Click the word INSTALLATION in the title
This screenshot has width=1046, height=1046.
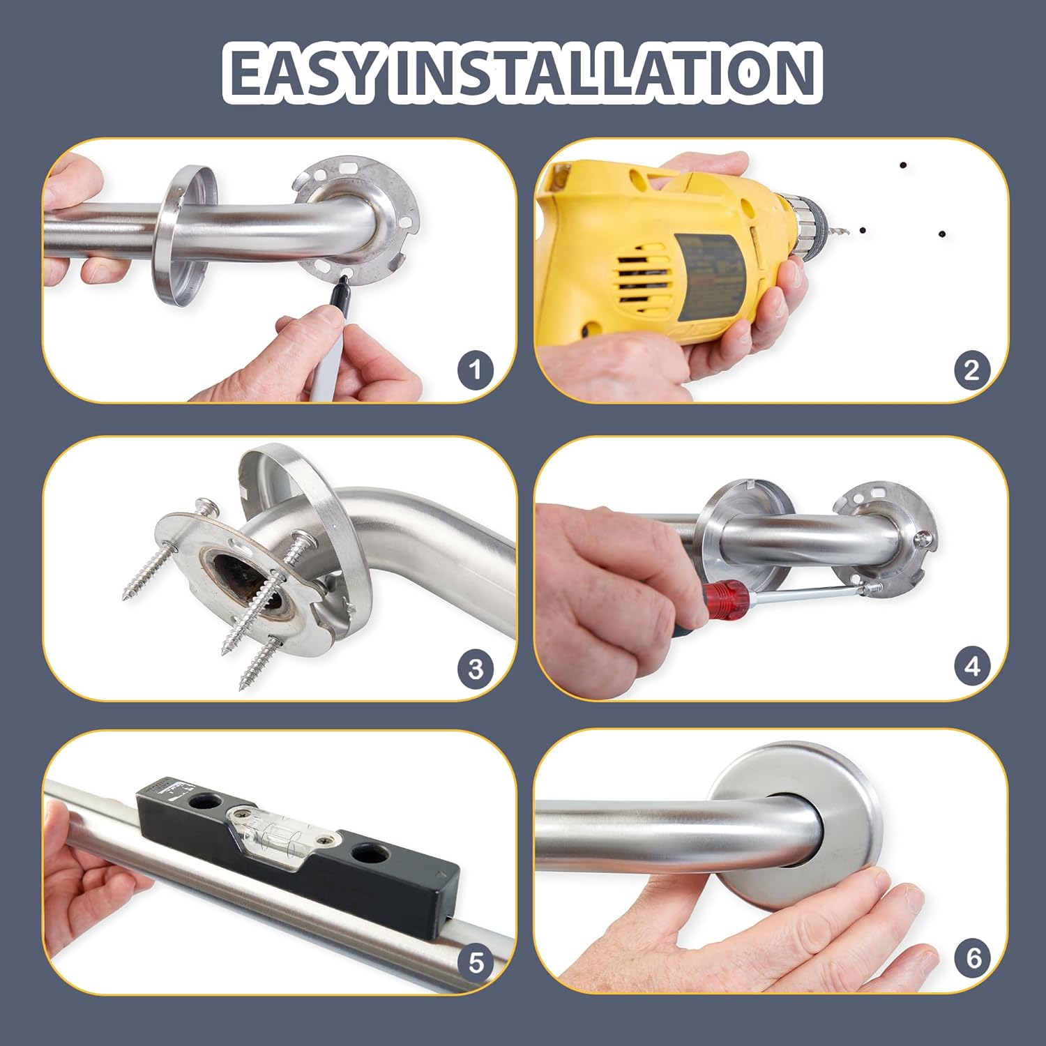(603, 72)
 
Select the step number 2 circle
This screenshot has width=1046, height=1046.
(971, 369)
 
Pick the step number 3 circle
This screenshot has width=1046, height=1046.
(476, 669)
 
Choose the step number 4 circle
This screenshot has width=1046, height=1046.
(971, 667)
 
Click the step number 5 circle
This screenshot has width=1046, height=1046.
(476, 963)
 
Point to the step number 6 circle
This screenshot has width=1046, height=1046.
(973, 957)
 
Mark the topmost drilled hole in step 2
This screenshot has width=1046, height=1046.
(903, 166)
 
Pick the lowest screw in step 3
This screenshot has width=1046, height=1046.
(259, 662)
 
